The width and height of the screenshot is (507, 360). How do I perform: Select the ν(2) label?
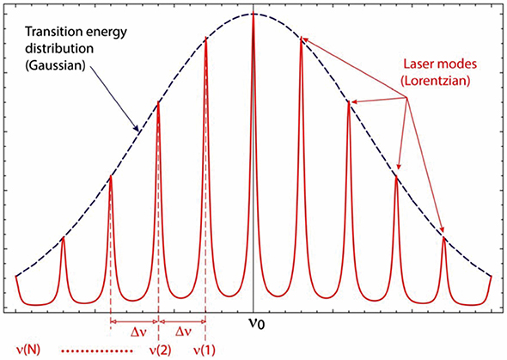pyautogui.click(x=158, y=349)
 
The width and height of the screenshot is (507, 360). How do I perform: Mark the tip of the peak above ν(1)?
pyautogui.click(x=206, y=39)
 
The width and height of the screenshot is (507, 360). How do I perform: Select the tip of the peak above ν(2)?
pyautogui.click(x=158, y=102)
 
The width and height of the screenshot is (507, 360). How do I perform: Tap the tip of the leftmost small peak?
pyautogui.click(x=63, y=237)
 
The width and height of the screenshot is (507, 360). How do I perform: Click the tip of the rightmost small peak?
pyautogui.click(x=444, y=237)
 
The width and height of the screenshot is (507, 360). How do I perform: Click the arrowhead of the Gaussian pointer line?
pyautogui.click(x=137, y=131)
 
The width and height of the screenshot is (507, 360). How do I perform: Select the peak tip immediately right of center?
pyautogui.click(x=302, y=39)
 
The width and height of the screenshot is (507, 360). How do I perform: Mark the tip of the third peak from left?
pyautogui.click(x=158, y=102)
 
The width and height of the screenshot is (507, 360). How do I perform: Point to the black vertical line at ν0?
pyautogui.click(x=253, y=172)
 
